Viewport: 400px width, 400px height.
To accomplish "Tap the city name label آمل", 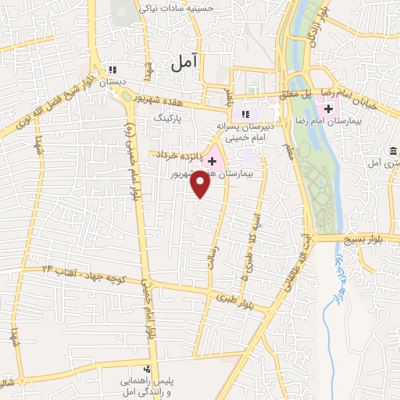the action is click(184, 61).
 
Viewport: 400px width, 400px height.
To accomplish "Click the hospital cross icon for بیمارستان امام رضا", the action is click(329, 106).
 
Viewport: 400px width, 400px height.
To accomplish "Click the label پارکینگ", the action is click(166, 117).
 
